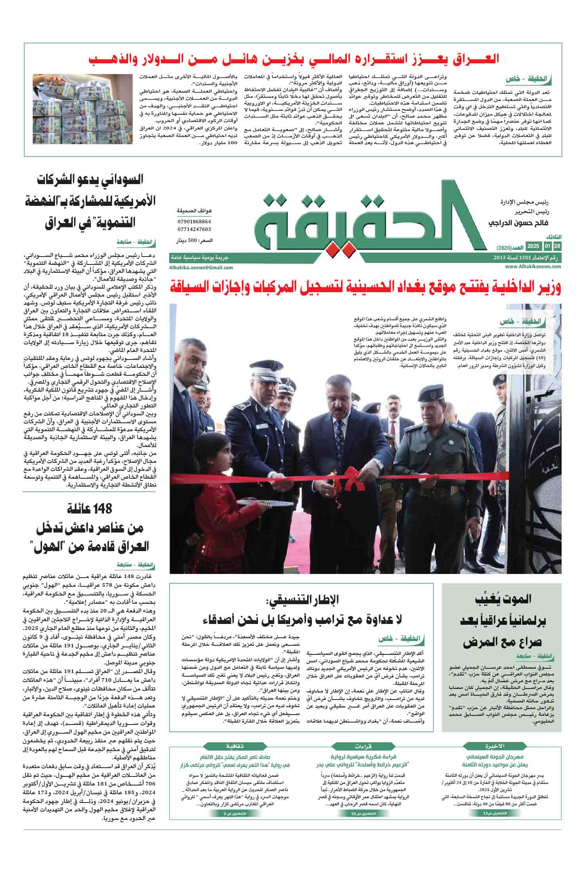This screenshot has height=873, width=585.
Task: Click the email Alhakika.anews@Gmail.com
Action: [201, 268]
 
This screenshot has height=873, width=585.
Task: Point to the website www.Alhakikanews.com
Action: [533, 267]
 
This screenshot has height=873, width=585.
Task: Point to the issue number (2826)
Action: [505, 247]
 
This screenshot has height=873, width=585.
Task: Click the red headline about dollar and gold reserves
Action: [293, 60]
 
